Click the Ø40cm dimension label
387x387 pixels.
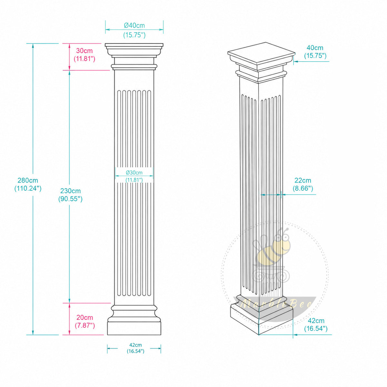tap(134, 25)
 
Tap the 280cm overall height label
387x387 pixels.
tap(28, 180)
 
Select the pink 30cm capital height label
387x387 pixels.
tap(84, 50)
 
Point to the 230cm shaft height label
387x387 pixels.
tap(71, 191)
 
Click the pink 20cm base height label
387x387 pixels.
tap(85, 318)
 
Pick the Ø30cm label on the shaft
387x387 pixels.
tap(134, 173)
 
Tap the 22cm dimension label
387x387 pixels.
tap(303, 180)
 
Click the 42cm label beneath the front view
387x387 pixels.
tap(135, 345)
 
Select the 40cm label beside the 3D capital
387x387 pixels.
tap(315, 48)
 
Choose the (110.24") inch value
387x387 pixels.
tap(28, 188)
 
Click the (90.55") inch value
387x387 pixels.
tap(71, 199)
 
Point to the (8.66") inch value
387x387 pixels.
tap(303, 188)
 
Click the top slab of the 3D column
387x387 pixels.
tap(262, 53)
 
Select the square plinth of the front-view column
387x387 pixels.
tap(134, 328)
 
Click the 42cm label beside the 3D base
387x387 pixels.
tap(316, 321)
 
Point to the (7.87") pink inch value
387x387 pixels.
tap(85, 325)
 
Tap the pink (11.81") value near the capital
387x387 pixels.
tap(84, 58)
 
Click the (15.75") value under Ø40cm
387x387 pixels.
tap(134, 35)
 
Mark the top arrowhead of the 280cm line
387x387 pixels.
tap(33, 46)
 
